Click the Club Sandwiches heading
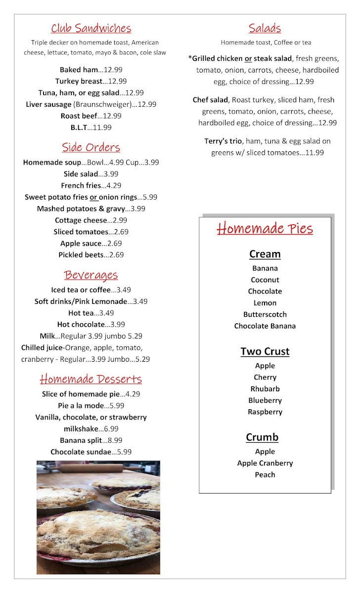[91, 28]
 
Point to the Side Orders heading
[91, 147]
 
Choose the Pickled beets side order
[91, 255]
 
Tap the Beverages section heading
[91, 275]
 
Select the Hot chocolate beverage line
[91, 325]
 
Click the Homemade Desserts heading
[91, 379]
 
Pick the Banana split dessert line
[91, 440]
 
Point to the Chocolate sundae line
[91, 452]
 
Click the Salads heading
[265, 28]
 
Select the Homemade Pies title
[265, 229]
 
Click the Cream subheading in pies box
[265, 254]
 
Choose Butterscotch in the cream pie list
[265, 314]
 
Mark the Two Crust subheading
[265, 351]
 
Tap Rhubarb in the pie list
[265, 389]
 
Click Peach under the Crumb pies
[265, 474]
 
